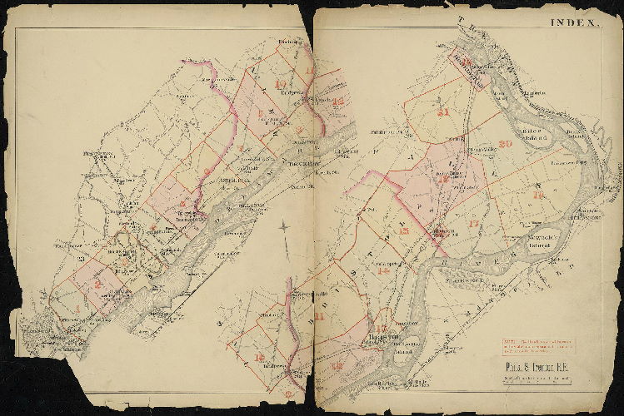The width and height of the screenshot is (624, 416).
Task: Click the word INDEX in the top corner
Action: pos(572,23)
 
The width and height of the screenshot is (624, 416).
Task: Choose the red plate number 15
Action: pos(404,232)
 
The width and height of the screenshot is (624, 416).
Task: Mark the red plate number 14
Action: pos(384,271)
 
